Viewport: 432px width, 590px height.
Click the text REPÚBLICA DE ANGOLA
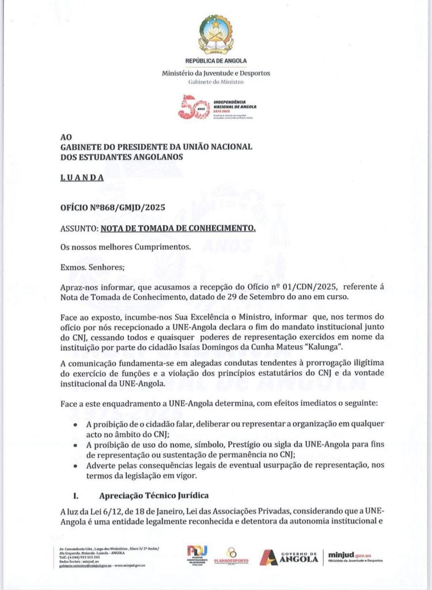216,60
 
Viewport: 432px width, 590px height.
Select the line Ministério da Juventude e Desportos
216,73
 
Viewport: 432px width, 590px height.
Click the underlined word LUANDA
82,178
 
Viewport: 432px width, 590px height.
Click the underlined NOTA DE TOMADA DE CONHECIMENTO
178,228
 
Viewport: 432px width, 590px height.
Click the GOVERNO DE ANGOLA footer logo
286,557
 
